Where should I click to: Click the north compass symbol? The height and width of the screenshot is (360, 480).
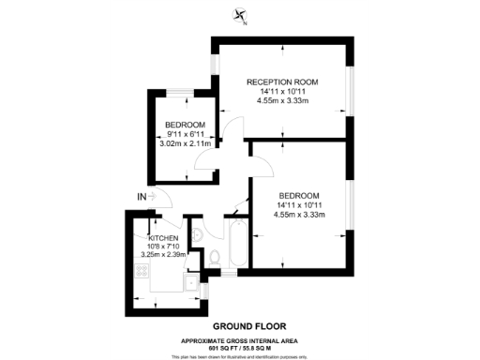pyautogui.click(x=241, y=14)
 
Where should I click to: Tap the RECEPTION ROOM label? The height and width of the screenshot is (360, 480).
pyautogui.click(x=282, y=82)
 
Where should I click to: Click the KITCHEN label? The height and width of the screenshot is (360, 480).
pyautogui.click(x=150, y=238)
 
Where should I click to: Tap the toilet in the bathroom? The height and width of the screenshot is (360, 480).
pyautogui.click(x=216, y=256)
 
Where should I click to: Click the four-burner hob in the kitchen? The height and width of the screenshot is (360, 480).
pyautogui.click(x=143, y=271)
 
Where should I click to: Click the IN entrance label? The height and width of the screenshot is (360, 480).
pyautogui.click(x=142, y=197)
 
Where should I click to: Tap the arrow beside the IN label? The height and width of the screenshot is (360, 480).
pyautogui.click(x=155, y=197)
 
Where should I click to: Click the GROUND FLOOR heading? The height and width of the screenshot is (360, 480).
pyautogui.click(x=240, y=325)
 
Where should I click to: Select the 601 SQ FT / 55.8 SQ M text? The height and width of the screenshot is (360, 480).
pyautogui.click(x=240, y=348)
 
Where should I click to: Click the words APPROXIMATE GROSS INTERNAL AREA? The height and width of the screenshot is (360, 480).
pyautogui.click(x=240, y=340)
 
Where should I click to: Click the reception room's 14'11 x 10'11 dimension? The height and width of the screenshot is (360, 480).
pyautogui.click(x=282, y=92)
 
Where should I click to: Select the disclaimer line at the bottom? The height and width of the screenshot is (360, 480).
pyautogui.click(x=240, y=356)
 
